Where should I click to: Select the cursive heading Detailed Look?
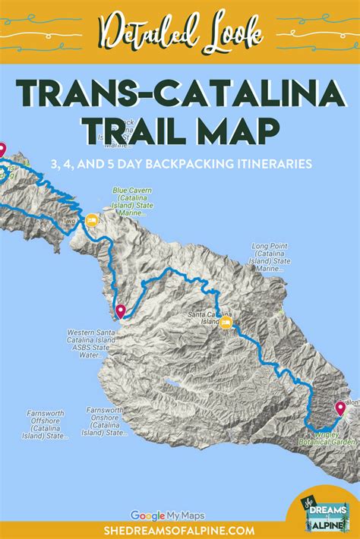pyautogui.click(x=179, y=31)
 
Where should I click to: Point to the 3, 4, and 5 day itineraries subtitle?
pyautogui.click(x=179, y=162)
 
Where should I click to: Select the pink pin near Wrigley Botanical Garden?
pyautogui.click(x=339, y=408)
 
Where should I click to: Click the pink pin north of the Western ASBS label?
pyautogui.click(x=121, y=310)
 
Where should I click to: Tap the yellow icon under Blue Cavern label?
pyautogui.click(x=91, y=221)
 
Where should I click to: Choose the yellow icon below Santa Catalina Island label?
pyautogui.click(x=226, y=324)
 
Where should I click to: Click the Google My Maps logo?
pyautogui.click(x=168, y=515)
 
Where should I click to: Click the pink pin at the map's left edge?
pyautogui.click(x=2, y=150)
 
